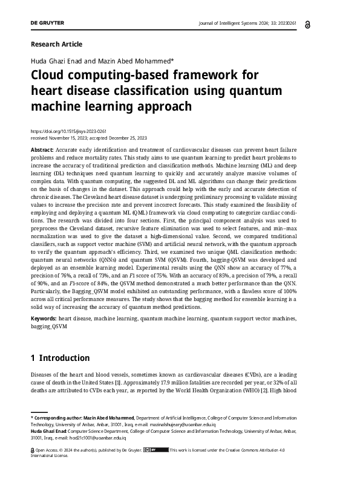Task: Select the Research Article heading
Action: pos(56,44)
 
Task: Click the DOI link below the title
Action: pos(68,131)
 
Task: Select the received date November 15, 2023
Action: pos(67,137)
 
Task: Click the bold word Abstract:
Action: pos(43,149)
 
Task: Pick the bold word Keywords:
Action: pos(45,318)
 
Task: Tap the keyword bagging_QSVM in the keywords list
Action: pos(49,326)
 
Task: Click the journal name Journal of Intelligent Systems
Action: pos(230,23)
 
